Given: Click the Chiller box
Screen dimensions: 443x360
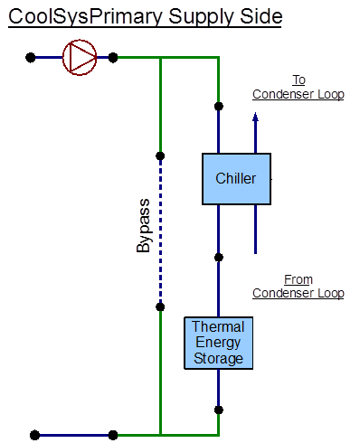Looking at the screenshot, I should tap(236, 179).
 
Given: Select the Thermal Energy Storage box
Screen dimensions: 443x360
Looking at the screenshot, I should tap(218, 343).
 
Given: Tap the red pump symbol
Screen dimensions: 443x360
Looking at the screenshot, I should tap(79, 57).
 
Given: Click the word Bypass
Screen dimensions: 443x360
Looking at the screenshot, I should tap(144, 232).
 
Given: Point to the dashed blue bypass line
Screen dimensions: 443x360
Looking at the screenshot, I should tap(160, 231).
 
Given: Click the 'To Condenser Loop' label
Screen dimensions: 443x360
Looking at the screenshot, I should tap(298, 87).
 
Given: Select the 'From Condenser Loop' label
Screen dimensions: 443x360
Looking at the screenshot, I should tap(298, 287).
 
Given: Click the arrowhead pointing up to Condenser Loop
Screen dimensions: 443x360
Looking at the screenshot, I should tap(255, 116).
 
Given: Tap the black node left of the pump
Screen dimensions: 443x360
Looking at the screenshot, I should tap(31, 57).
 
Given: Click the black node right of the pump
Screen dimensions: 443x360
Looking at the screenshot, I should tap(113, 57).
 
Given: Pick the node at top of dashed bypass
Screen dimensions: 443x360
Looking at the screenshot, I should tap(160, 156).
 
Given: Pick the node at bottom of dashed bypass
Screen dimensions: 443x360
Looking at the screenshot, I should tap(160, 306).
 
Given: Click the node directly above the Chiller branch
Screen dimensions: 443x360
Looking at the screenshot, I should tap(218, 107).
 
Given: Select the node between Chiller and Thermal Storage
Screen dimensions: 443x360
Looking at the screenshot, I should tap(218, 258).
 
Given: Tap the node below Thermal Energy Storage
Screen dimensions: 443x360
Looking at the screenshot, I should tap(218, 410).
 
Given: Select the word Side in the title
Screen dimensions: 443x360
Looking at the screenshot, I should tap(259, 16).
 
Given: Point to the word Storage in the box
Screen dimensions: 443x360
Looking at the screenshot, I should tap(218, 358).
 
